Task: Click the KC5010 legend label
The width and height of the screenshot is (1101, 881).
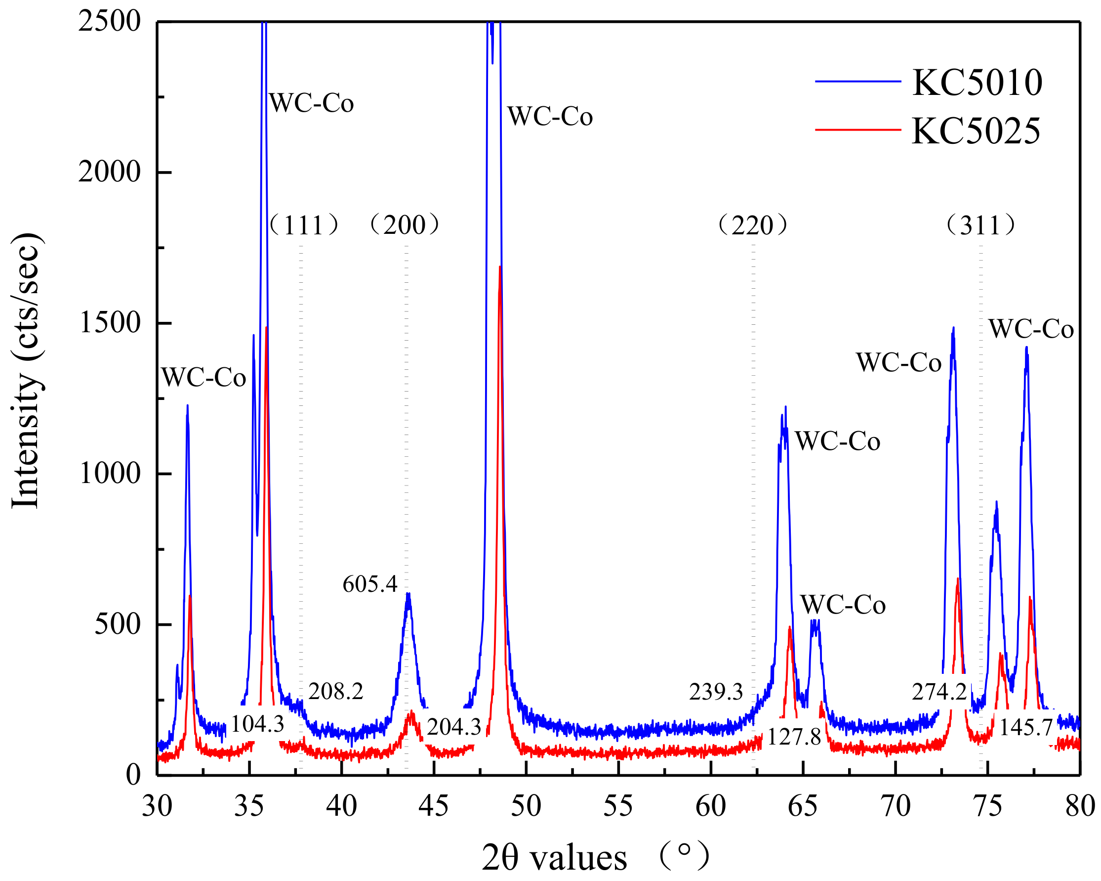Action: click(x=977, y=83)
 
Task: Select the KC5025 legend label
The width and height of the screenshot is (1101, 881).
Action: click(x=976, y=132)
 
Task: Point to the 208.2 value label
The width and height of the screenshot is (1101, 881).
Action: click(x=335, y=692)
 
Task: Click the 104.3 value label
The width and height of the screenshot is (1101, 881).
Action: click(x=257, y=724)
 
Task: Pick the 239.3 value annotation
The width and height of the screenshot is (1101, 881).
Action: click(x=715, y=692)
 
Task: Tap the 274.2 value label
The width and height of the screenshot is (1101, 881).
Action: click(x=939, y=692)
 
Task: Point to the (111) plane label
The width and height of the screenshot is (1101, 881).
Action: click(x=303, y=225)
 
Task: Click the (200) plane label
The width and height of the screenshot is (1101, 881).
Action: click(x=405, y=225)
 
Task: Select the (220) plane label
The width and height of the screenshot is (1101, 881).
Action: click(x=752, y=225)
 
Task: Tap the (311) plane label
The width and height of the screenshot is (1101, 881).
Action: click(x=980, y=225)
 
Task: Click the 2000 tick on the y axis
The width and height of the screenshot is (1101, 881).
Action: click(x=109, y=172)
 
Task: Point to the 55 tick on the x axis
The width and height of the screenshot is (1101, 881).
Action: click(x=618, y=806)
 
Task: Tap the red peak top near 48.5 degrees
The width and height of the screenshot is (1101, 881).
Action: click(x=500, y=267)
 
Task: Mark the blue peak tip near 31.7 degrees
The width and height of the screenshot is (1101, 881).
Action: click(x=187, y=406)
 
